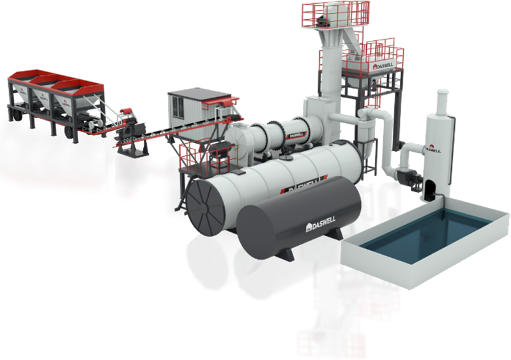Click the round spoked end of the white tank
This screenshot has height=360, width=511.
[207, 197]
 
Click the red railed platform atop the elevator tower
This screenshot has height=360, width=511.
[335, 13]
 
